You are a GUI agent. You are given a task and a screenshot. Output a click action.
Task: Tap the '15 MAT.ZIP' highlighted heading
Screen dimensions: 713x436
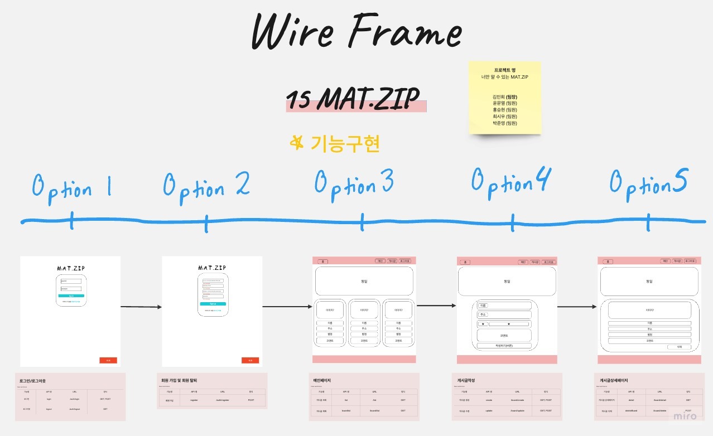click(x=355, y=100)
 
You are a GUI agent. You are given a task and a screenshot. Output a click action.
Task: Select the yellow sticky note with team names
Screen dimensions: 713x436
click(x=505, y=98)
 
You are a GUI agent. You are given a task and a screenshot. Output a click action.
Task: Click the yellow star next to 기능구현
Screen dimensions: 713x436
click(x=297, y=143)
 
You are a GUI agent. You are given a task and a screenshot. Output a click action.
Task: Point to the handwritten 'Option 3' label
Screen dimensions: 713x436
click(x=355, y=184)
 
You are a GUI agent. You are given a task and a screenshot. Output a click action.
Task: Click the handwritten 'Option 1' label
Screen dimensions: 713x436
click(x=71, y=187)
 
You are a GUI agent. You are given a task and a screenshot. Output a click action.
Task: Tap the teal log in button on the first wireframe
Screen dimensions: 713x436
click(x=71, y=295)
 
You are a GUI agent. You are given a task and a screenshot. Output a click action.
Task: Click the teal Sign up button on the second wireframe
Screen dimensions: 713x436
click(x=213, y=304)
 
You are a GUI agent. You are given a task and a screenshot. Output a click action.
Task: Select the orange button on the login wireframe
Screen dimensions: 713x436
click(x=108, y=360)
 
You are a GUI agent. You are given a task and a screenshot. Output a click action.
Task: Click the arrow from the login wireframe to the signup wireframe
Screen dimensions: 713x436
click(x=141, y=307)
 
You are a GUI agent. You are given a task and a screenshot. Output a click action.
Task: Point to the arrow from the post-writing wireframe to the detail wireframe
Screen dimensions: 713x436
click(x=577, y=307)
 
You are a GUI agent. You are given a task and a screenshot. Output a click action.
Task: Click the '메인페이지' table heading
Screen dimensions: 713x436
click(x=322, y=381)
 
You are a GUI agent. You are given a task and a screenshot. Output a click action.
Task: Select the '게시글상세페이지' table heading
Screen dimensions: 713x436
click(x=614, y=381)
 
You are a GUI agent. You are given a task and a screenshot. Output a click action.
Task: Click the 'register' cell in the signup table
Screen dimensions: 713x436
click(x=194, y=400)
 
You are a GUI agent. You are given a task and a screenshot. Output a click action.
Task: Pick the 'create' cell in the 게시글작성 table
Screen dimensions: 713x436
click(x=489, y=400)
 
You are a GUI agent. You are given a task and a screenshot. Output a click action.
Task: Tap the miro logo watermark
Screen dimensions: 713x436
click(x=685, y=416)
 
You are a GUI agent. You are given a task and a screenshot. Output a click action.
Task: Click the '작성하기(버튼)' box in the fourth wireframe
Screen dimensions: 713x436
click(x=504, y=346)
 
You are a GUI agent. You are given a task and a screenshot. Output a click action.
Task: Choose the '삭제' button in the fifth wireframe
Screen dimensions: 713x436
click(x=679, y=347)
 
